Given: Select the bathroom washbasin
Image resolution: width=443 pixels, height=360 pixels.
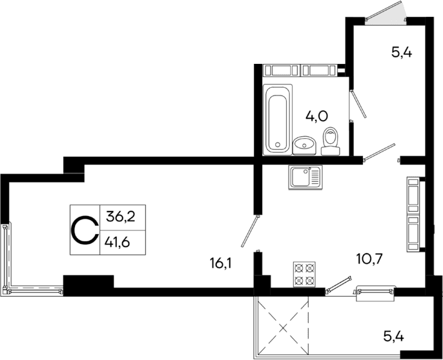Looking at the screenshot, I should pos(304,146).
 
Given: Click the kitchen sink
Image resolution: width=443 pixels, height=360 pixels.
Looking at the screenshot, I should pos(304,177).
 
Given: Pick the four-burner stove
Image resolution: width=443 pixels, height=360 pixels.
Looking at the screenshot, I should pos(304,273).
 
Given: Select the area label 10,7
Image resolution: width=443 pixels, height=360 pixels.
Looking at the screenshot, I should pos(370,260).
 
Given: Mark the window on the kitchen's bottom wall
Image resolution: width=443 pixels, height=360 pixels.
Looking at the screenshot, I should pos(375,292).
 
